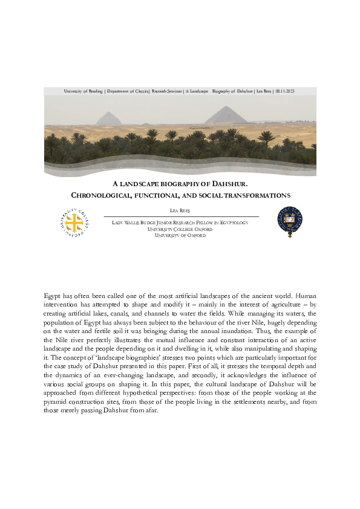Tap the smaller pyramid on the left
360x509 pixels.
109,118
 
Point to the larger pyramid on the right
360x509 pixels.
225,115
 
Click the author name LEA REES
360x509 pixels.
181,210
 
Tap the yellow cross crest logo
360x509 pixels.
75,223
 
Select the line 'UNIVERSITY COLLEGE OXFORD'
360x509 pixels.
180,229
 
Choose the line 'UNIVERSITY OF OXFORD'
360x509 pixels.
180,235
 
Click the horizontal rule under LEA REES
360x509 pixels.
181,216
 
